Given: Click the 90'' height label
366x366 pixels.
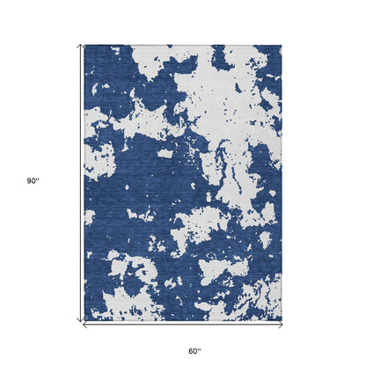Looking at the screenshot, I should [x=33, y=180].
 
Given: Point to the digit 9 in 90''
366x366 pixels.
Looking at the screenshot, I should [x=29, y=180].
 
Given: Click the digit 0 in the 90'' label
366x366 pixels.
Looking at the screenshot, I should [x=34, y=180].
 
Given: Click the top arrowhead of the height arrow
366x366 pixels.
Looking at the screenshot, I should [x=82, y=46].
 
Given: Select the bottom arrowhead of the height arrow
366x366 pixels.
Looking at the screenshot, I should [x=82, y=320].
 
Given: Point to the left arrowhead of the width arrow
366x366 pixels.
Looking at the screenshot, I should [x=86, y=325].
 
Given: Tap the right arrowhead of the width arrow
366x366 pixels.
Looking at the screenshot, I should [x=281, y=325].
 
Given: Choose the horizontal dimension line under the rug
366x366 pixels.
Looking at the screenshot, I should [x=183, y=325].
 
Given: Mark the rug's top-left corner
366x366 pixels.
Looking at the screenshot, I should [x=85, y=46].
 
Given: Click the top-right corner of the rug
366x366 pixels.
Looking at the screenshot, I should [x=282, y=46].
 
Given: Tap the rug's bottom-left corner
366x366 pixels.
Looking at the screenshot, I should [x=85, y=320].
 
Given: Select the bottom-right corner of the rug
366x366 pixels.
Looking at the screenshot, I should [x=282, y=320].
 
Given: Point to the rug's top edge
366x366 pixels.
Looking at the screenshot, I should [x=183, y=46].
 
